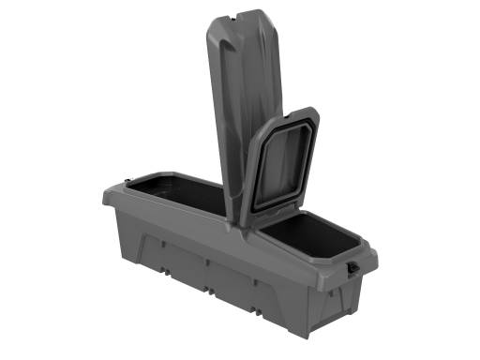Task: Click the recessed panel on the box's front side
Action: tap(216, 267)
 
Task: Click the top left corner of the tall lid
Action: tap(207, 22)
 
